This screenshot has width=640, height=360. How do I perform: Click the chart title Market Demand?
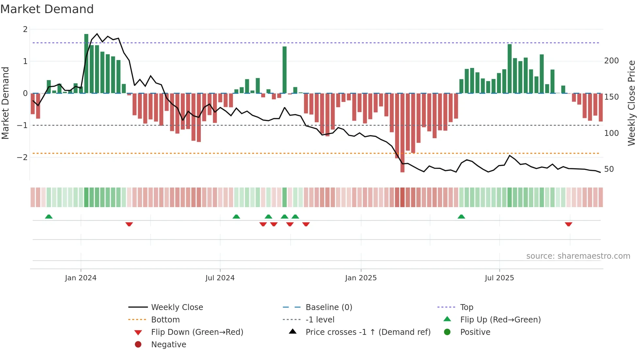(47, 9)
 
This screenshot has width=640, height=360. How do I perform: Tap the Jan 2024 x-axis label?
(81, 278)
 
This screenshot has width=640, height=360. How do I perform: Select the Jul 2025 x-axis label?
(499, 278)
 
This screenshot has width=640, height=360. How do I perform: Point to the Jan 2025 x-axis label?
(361, 278)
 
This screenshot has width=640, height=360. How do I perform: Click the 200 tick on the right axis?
(611, 61)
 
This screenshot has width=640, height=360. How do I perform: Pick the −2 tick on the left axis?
(23, 157)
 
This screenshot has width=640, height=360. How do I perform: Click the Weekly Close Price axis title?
(632, 103)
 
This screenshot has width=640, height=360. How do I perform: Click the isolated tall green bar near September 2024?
(284, 70)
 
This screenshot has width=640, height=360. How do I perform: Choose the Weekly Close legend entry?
(177, 307)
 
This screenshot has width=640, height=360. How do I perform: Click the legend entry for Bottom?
(165, 319)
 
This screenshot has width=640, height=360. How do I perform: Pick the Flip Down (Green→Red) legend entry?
(197, 332)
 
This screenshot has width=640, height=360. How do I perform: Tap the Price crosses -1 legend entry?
(368, 332)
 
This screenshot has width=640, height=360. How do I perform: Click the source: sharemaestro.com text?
(578, 256)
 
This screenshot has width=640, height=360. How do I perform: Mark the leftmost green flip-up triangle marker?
(49, 217)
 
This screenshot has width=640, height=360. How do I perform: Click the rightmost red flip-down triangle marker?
(568, 224)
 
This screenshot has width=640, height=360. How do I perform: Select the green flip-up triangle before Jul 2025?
(461, 217)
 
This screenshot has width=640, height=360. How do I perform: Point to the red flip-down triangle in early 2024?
(129, 224)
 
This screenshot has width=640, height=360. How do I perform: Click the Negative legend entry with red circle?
(168, 344)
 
